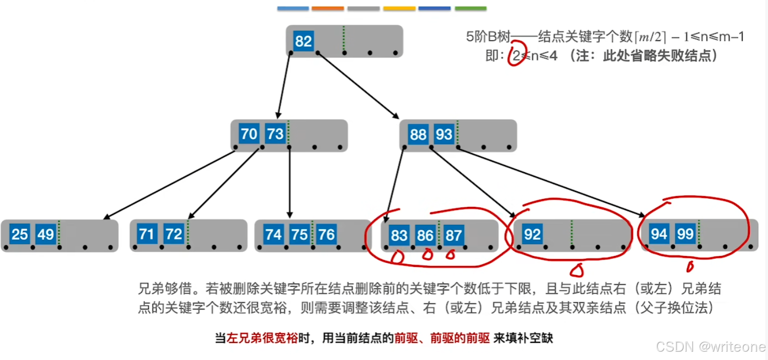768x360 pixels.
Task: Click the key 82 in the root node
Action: tap(303, 41)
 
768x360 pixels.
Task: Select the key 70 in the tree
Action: tap(249, 134)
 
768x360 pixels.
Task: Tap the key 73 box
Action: tap(275, 134)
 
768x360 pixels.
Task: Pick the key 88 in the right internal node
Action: tap(418, 134)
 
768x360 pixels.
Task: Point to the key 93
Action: tap(444, 134)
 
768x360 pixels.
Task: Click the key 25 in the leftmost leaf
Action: tap(20, 235)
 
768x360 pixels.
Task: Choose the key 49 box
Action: tap(46, 235)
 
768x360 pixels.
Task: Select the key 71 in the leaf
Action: tap(147, 234)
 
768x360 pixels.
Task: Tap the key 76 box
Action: tap(326, 235)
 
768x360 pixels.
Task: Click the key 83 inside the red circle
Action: tap(399, 235)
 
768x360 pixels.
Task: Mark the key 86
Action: tap(425, 236)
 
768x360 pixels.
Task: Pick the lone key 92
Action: tap(532, 235)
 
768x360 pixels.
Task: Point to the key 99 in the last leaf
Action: tap(685, 234)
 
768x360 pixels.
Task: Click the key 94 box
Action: tap(659, 234)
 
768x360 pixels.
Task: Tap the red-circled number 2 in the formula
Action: tap(516, 56)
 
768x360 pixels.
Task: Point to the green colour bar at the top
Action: tap(470, 9)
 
